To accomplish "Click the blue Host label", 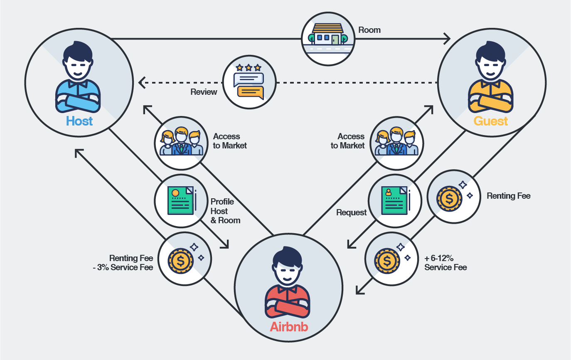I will tap(79, 121).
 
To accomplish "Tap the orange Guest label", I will tap(491, 121).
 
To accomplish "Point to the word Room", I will tap(369, 30).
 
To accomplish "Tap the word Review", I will tap(204, 92).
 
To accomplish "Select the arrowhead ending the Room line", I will tap(447, 39).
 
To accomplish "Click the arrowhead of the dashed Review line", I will tap(142, 82).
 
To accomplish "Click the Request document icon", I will tap(395, 201).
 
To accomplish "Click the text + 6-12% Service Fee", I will tap(445, 263).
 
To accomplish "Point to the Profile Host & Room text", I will tap(225, 211).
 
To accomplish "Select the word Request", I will tap(352, 212).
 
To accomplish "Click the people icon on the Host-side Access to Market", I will tap(182, 142).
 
